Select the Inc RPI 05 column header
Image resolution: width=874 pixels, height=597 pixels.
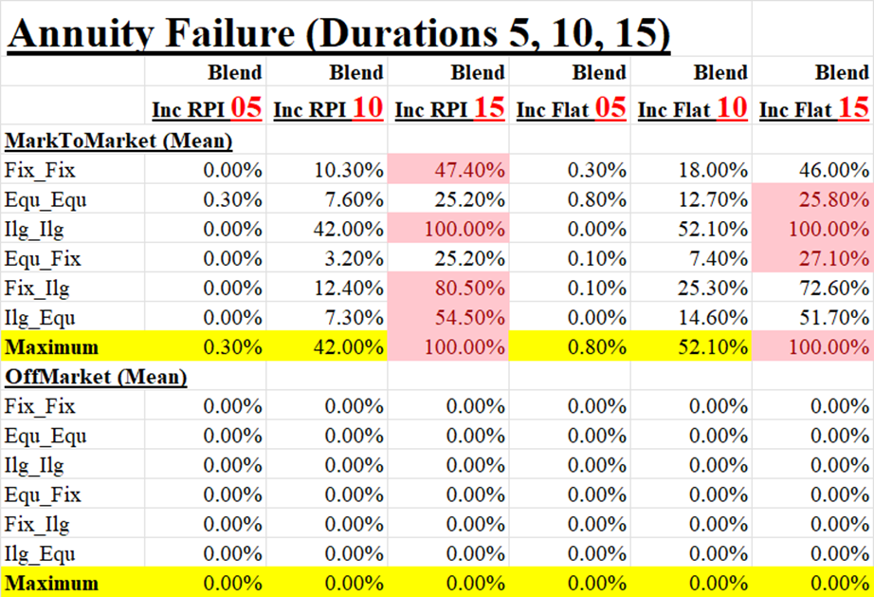207,110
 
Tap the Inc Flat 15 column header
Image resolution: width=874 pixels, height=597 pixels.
814,110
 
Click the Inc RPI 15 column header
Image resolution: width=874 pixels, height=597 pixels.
449,110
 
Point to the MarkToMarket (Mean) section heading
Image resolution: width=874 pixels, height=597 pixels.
105,140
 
